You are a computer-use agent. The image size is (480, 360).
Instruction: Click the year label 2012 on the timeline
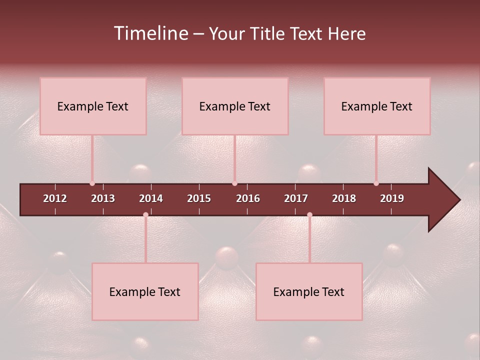pos(55,198)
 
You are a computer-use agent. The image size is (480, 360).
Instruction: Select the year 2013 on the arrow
pos(103,198)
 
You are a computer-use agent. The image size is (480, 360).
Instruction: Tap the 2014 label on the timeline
pos(151,198)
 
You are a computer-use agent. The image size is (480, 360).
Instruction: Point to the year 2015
pos(199,198)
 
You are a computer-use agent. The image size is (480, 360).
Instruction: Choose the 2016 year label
pos(248,198)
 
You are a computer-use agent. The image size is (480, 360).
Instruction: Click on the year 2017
pos(296,198)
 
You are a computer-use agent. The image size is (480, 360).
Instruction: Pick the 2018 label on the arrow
pos(344,198)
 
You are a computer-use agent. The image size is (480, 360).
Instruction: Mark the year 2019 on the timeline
pos(392,198)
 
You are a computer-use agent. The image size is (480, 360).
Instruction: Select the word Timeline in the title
pos(150,33)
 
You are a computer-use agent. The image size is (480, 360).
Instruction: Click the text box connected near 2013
pos(93,106)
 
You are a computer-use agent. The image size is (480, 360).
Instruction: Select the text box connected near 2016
pos(235,106)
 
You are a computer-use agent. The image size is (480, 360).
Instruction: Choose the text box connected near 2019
pos(377,106)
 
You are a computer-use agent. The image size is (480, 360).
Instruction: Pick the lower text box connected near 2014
pos(145,291)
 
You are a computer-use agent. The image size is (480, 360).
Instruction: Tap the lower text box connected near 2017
pos(309,291)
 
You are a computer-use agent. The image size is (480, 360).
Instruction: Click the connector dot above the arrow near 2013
pos(92,183)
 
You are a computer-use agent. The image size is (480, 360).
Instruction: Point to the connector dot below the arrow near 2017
pos(309,214)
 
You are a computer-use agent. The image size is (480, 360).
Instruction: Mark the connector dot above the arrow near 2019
pos(376,183)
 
